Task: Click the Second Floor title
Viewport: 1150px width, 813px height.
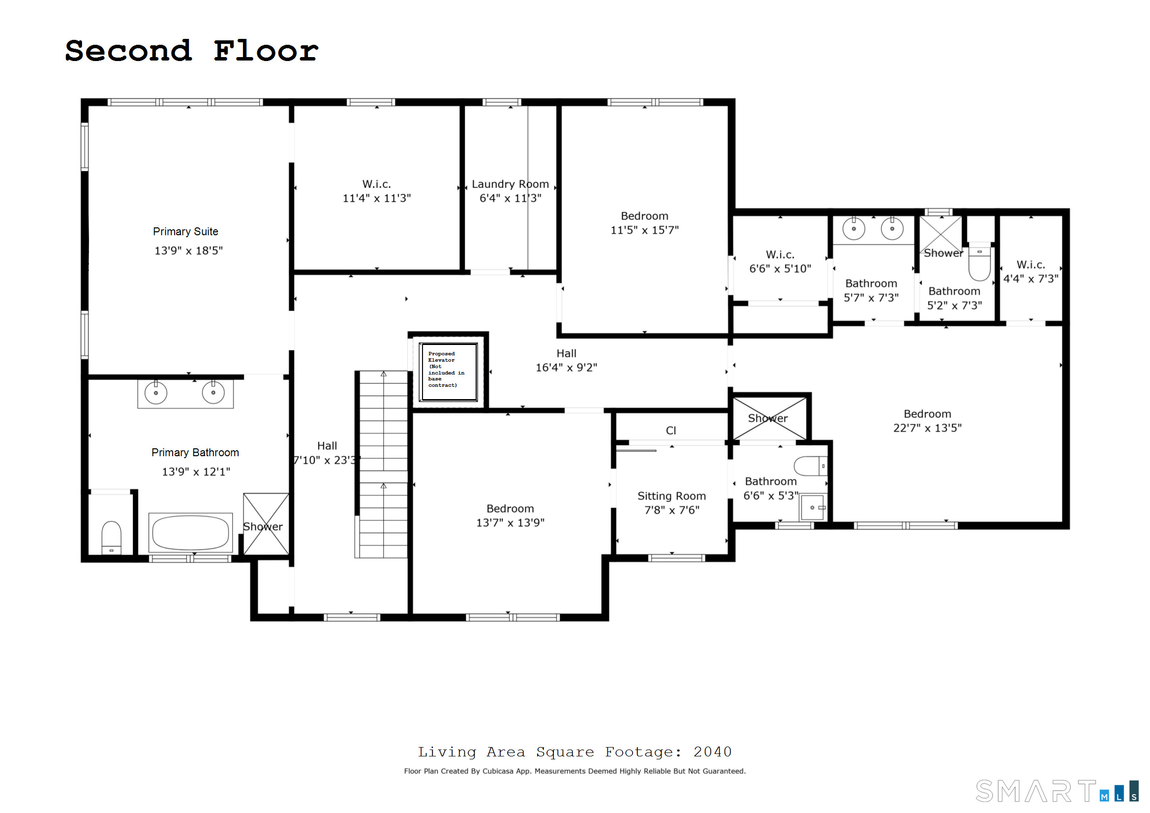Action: coord(191,51)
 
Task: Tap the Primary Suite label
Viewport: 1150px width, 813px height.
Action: coord(185,232)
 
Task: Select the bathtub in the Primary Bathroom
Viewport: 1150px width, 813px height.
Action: coord(190,533)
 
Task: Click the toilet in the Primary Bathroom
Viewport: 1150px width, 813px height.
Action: coord(111,537)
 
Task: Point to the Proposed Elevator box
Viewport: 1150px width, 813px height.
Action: coord(449,372)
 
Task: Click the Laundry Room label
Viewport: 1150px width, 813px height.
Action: coord(510,184)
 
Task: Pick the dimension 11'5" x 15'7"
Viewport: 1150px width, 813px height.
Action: coord(644,230)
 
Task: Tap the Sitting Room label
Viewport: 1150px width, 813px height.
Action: coord(671,496)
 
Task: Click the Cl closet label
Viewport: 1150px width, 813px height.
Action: coord(670,431)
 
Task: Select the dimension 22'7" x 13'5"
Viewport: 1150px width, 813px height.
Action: coord(927,428)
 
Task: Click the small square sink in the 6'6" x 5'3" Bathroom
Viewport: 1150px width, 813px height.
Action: coord(812,508)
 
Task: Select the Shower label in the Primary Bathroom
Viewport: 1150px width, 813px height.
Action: coord(263,527)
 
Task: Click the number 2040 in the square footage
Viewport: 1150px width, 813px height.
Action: coord(712,752)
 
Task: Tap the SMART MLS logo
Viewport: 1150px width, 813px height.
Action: coord(1057,791)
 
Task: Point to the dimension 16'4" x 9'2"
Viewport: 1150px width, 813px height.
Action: coord(566,368)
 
